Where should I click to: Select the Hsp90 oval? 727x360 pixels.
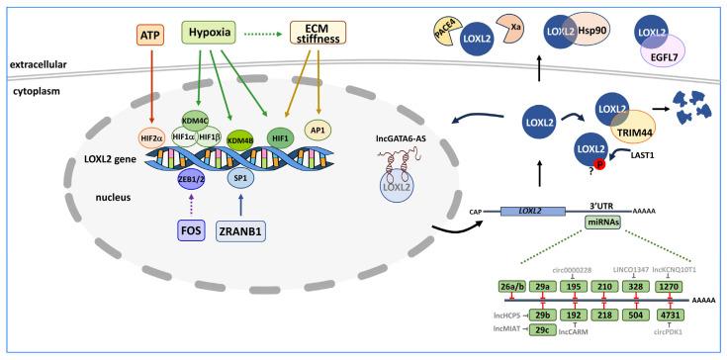point(596,32)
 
